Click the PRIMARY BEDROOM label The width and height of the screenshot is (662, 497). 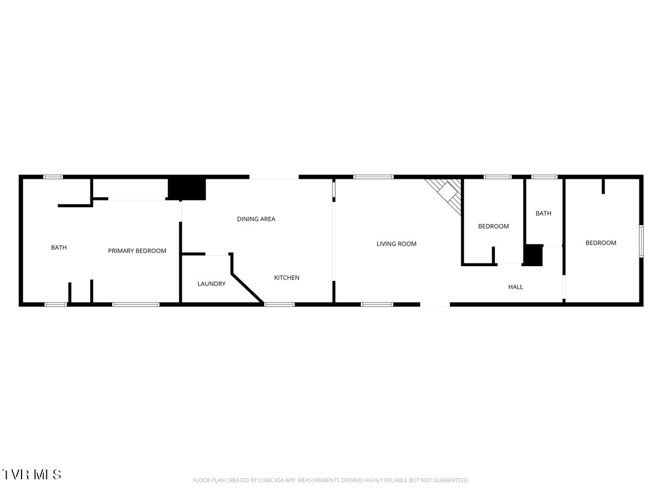(137, 251)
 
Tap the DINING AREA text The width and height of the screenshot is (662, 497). (256, 219)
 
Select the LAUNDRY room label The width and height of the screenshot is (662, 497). (211, 284)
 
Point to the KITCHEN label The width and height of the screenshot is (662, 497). (286, 278)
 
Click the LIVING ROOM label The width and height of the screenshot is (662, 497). (396, 244)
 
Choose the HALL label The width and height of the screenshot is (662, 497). (515, 287)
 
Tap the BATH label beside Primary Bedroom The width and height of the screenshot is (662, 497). (59, 247)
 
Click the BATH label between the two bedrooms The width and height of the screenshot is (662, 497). (543, 213)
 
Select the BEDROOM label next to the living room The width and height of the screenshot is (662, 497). (493, 226)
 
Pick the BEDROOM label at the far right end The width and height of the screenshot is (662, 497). (601, 243)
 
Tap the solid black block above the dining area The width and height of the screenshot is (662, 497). (186, 189)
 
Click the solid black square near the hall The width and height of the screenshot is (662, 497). (533, 255)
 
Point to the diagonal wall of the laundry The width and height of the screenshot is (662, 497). (247, 288)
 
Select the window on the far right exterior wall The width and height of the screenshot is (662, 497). (641, 241)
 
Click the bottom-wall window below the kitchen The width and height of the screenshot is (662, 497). (279, 304)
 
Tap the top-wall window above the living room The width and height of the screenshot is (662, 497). (373, 177)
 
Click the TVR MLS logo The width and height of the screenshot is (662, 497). (31, 474)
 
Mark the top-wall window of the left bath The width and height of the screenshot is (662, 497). (53, 177)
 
